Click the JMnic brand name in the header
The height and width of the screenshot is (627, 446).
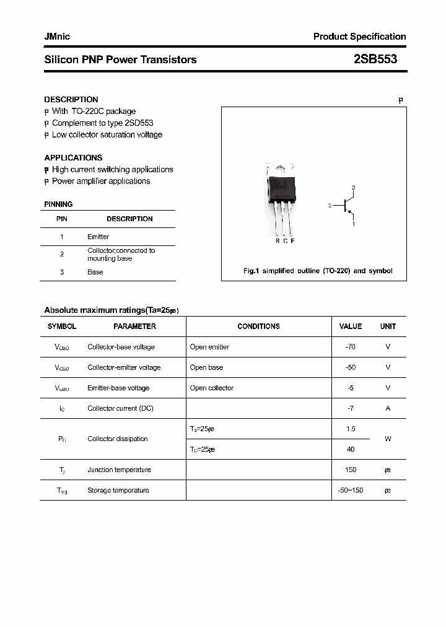[x=57, y=37]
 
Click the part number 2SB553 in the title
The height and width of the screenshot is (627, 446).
[x=375, y=59]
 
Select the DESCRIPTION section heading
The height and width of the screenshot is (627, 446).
[x=71, y=99]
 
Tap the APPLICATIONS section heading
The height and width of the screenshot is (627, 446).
[x=73, y=157]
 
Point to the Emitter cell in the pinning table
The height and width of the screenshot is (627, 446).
[x=98, y=237]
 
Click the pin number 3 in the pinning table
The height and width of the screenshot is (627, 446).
[x=62, y=272]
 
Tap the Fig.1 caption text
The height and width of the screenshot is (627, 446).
[x=318, y=271]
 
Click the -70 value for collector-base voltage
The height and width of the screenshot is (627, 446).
[x=350, y=347]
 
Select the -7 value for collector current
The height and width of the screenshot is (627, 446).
[x=351, y=408]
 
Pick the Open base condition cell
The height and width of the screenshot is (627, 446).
[x=206, y=367]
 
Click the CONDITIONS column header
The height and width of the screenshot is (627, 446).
[x=258, y=326]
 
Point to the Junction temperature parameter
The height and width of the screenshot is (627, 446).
[x=119, y=470]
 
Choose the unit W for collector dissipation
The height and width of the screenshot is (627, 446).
[x=388, y=439]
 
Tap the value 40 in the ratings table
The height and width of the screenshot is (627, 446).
[x=351, y=449]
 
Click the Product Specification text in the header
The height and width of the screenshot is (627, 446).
[x=359, y=37]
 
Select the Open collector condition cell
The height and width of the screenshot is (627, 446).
[x=211, y=388]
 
